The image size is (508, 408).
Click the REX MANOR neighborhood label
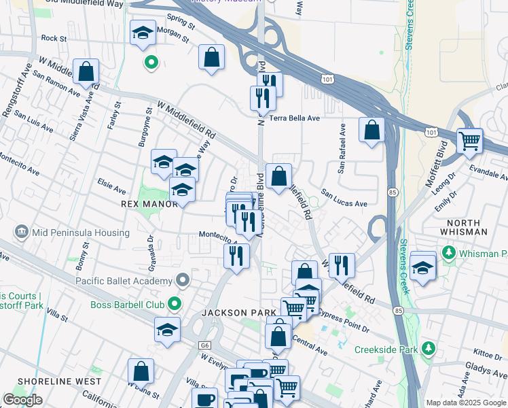pos(140,203)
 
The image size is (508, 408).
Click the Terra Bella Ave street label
pos(295,118)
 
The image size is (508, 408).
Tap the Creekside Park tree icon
pos(428,350)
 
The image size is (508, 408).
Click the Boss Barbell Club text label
pos(129,304)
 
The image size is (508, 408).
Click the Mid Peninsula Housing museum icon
pos(22,233)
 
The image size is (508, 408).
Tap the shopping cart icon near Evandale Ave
pos(469,140)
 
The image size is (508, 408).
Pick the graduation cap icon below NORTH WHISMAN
pos(422,267)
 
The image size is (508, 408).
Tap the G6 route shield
pos(205,345)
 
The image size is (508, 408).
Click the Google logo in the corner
pos(22,400)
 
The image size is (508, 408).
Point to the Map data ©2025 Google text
pos(466,403)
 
